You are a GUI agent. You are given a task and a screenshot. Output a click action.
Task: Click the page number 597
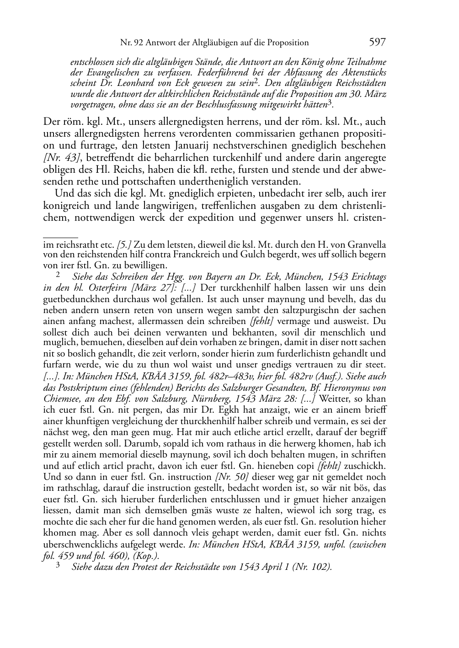(377, 42)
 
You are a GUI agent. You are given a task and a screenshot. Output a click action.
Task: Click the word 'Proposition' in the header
(287, 43)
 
